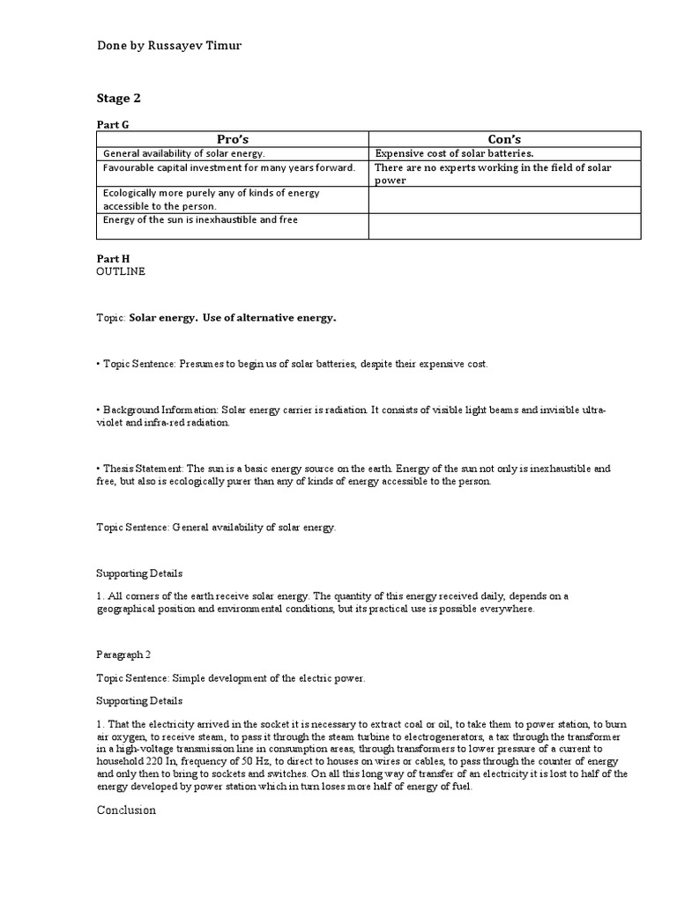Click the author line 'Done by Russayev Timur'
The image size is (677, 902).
[168, 46]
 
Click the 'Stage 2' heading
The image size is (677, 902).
[119, 98]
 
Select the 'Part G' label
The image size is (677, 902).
[113, 125]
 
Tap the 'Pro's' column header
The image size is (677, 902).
[232, 139]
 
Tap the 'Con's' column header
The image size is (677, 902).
[504, 139]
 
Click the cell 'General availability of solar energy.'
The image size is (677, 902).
[183, 153]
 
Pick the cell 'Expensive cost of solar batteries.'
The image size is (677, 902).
[454, 153]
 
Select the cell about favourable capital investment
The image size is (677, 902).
[229, 166]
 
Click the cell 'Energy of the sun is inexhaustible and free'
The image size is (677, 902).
[200, 219]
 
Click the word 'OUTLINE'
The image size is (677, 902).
[121, 272]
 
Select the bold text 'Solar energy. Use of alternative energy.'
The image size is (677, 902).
[233, 318]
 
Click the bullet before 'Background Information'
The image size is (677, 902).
[98, 411]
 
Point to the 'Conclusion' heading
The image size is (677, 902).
[126, 810]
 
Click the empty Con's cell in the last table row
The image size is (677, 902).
[504, 225]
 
